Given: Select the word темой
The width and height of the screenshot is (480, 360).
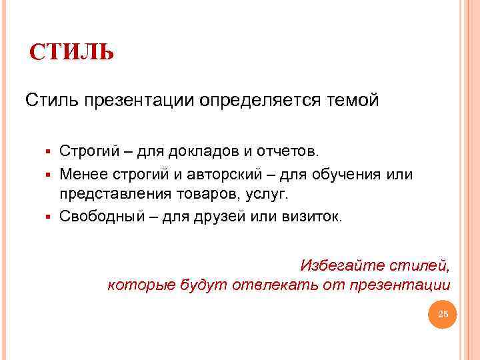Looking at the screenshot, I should coord(353,101).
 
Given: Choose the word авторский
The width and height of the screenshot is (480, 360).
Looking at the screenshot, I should coord(216,175).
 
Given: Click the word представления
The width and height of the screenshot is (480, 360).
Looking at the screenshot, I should coord(113,194).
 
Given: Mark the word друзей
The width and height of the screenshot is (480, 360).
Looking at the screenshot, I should coord(225,217).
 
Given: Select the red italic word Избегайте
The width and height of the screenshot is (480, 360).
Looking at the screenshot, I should coord(333,265).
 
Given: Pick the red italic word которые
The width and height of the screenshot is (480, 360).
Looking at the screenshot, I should coord(141,285).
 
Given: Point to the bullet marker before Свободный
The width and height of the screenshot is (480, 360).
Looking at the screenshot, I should coord(49,217).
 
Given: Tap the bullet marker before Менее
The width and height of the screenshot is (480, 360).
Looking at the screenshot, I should coord(49,175).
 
